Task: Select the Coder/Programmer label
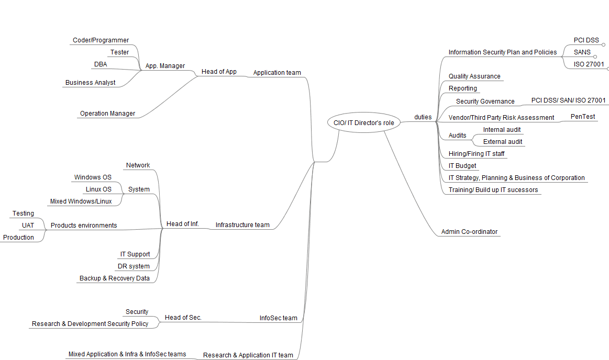pyautogui.click(x=101, y=40)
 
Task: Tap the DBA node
pyautogui.click(x=101, y=64)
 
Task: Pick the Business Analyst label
pyautogui.click(x=90, y=83)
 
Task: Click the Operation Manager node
pyautogui.click(x=107, y=114)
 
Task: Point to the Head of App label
pyautogui.click(x=219, y=72)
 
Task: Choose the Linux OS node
pyautogui.click(x=98, y=189)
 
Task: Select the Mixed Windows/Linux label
pyautogui.click(x=81, y=201)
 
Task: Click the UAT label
pyautogui.click(x=28, y=226)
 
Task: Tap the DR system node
pyautogui.click(x=134, y=266)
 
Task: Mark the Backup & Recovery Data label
pyautogui.click(x=114, y=278)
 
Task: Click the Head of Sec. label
pyautogui.click(x=183, y=318)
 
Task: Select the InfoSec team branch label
pyautogui.click(x=278, y=318)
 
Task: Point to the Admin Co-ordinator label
pyautogui.click(x=469, y=232)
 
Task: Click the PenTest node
pyautogui.click(x=582, y=117)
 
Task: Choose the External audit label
pyautogui.click(x=502, y=142)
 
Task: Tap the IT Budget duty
pyautogui.click(x=462, y=166)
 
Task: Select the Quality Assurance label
pyautogui.click(x=474, y=76)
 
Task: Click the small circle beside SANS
pyautogui.click(x=595, y=57)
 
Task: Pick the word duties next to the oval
pyautogui.click(x=423, y=117)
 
